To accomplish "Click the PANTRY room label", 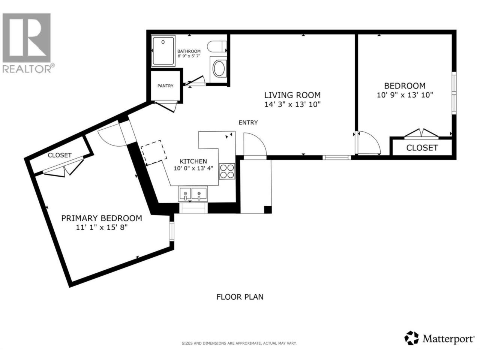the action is [x=165, y=86].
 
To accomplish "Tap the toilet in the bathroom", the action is [x=216, y=46].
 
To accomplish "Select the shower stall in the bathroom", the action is [x=163, y=51].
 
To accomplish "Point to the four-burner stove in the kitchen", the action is [x=227, y=172].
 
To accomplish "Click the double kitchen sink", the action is [x=193, y=194].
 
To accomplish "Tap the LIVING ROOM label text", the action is [x=292, y=95].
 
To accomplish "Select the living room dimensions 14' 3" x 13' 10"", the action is [x=292, y=105].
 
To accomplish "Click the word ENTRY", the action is [x=248, y=123].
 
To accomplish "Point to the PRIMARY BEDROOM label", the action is [x=102, y=218].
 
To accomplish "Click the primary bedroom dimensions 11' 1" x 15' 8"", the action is [x=102, y=228].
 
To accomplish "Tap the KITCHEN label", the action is [x=193, y=161].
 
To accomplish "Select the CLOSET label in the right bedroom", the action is [x=422, y=148].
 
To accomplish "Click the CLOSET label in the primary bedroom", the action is [x=60, y=155].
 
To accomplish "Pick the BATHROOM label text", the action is [x=189, y=51].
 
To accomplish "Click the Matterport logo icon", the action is [x=411, y=344].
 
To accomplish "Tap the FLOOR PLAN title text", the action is [x=240, y=297].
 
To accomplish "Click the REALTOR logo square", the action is [x=27, y=37].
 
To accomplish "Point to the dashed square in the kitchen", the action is [x=153, y=153].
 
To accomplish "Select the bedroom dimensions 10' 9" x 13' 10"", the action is [x=405, y=95].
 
